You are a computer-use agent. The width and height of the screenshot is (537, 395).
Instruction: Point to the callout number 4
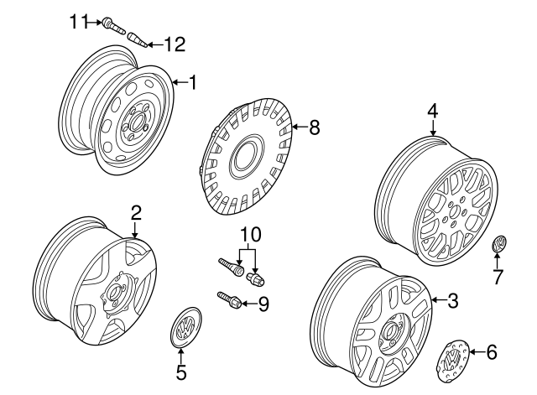[x=432, y=110]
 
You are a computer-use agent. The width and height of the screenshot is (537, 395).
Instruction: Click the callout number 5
[x=181, y=370]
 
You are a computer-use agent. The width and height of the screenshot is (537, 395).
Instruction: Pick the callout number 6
[x=492, y=352]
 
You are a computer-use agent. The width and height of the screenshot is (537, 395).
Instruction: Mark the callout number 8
[x=315, y=127]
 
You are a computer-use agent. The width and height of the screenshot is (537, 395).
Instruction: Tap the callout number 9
[x=263, y=304]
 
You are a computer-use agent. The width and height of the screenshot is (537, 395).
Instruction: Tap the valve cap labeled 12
[x=138, y=39]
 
